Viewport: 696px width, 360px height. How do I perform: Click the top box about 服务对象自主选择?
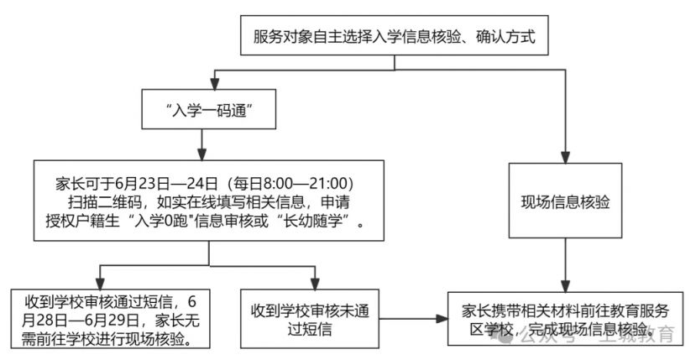pyautogui.click(x=394, y=35)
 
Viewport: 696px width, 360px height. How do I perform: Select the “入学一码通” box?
pyautogui.click(x=208, y=109)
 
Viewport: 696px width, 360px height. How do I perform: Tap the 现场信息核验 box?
pyautogui.click(x=565, y=201)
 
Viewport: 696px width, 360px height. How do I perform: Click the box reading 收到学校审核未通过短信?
pyautogui.click(x=310, y=319)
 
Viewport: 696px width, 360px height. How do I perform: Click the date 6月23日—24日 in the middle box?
pyautogui.click(x=166, y=183)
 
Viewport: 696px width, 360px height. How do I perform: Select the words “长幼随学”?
pyautogui.click(x=317, y=221)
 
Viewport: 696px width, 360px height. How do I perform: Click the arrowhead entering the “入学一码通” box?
pyautogui.click(x=215, y=84)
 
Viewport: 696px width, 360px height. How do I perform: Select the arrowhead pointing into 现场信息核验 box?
pyautogui.click(x=565, y=158)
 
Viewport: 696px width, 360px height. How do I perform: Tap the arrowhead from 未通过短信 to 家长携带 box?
pyautogui.click(x=442, y=319)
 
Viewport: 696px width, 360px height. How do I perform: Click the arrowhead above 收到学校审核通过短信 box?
pyautogui.click(x=100, y=284)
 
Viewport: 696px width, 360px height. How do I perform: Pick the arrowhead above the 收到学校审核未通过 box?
pyautogui.click(x=315, y=284)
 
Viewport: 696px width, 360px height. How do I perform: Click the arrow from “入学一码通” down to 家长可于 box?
pyautogui.click(x=202, y=144)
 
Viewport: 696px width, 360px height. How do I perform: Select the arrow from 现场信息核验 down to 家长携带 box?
pyautogui.click(x=565, y=265)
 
